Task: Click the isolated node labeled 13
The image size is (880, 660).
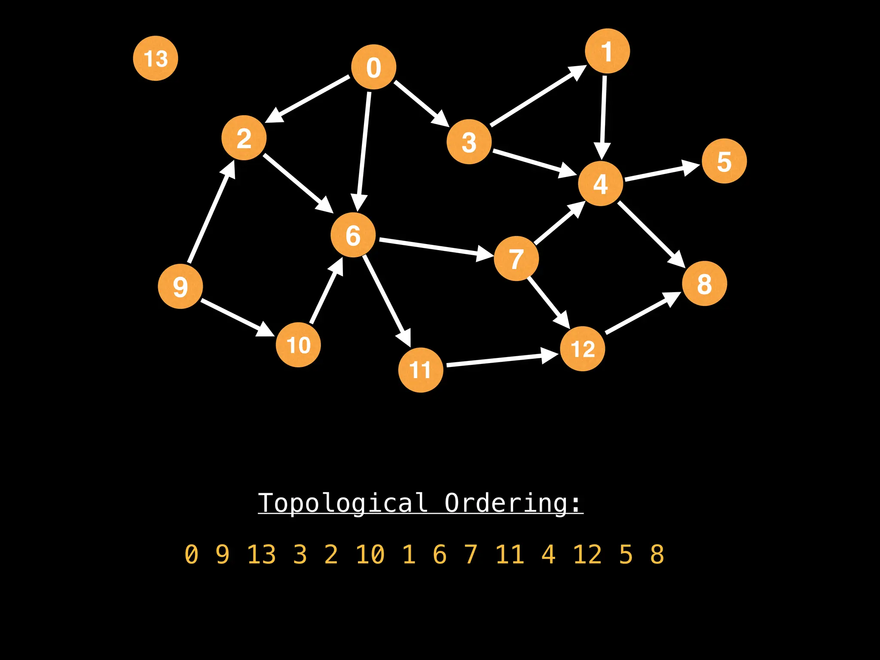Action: (156, 58)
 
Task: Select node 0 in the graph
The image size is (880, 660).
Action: (373, 67)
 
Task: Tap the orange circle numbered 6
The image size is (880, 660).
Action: (353, 235)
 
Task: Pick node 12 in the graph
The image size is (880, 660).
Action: (583, 348)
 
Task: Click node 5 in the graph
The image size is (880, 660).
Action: (724, 161)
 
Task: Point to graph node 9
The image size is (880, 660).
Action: (180, 286)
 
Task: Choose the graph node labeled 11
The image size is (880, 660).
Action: (421, 370)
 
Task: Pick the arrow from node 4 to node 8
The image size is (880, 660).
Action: (651, 234)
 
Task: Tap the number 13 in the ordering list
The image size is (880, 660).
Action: (261, 554)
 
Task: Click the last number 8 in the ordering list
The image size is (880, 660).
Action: (657, 554)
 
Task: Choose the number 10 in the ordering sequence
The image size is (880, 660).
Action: (370, 554)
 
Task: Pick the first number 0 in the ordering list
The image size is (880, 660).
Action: (191, 554)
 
